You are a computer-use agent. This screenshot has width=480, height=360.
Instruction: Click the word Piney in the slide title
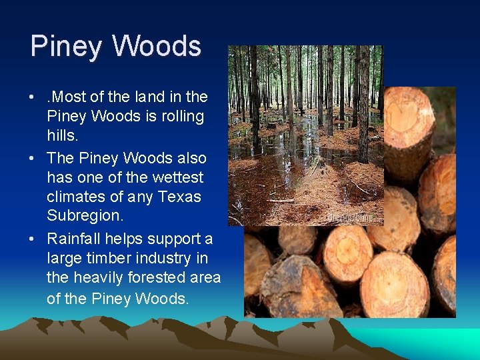coord(65,47)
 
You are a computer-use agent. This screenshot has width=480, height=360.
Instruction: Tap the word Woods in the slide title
coord(157,46)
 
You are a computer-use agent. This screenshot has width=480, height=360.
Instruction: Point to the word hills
coord(63,135)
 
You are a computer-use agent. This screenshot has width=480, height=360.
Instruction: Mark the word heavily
coord(96,277)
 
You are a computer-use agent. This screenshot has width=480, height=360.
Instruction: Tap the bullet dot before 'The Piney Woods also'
coord(32,159)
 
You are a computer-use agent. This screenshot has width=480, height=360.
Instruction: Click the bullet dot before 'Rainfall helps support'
coord(32,239)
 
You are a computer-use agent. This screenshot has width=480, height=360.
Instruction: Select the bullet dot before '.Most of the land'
coord(32,97)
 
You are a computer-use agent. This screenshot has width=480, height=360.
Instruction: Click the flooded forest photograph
coord(305,133)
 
